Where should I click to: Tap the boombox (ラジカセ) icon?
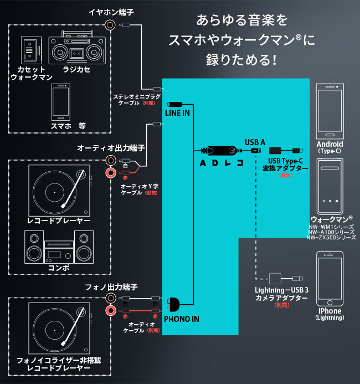tap(76, 50)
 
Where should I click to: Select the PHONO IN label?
tap(181, 319)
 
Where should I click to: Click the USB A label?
tap(255, 142)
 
